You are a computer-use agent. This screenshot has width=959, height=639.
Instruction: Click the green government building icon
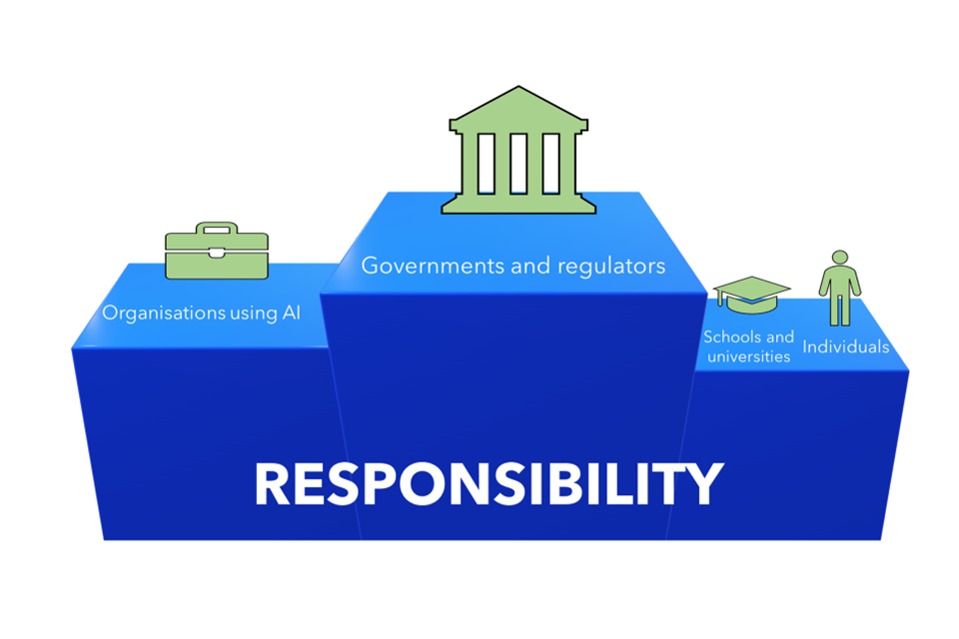pos(518,150)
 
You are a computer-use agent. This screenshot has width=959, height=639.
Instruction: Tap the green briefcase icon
pos(217,252)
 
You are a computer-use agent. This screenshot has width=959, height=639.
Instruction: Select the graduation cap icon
pos(751,292)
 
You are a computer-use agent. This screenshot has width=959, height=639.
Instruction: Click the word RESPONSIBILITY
pos(487,484)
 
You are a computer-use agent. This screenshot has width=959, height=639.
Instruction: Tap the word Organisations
pos(163,313)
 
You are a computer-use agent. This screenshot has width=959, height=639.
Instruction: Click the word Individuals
pos(846,347)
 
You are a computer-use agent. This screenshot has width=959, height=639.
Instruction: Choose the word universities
pos(747,356)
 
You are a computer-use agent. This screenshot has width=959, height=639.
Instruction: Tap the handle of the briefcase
pos(216,229)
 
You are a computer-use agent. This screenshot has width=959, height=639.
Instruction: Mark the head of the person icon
pos(840,257)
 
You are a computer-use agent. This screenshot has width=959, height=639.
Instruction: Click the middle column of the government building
pos(518,162)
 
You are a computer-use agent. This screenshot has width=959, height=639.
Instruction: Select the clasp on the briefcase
pos(217,253)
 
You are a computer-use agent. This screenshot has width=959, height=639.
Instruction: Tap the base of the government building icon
pos(518,205)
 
